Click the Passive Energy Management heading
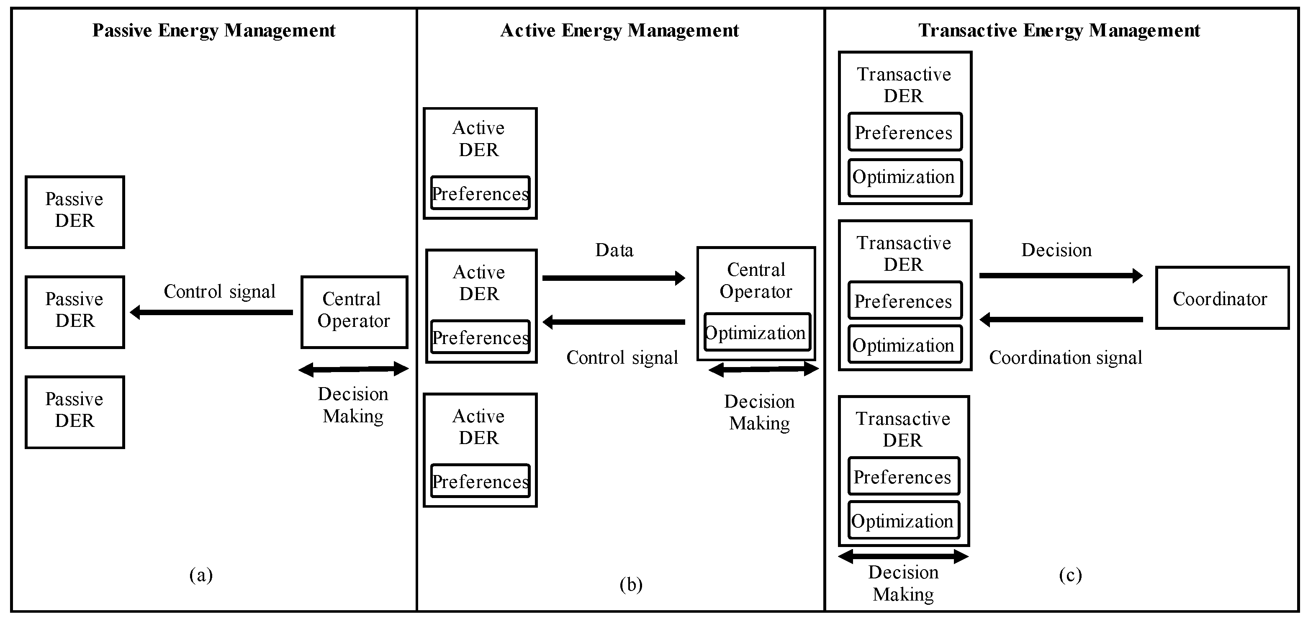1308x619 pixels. pos(213,31)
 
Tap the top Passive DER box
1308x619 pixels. pos(75,212)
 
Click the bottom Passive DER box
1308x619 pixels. pos(75,412)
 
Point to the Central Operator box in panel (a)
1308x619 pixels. pos(354,311)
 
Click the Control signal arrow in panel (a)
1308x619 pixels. pos(212,312)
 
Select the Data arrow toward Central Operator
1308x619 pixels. pos(613,278)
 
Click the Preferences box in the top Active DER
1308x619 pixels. pos(480,193)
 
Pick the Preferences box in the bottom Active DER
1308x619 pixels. pos(480,480)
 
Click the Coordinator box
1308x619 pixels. pos(1222,298)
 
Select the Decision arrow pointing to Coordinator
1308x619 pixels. pos(1061,276)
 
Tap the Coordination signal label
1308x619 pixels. pos(1065,357)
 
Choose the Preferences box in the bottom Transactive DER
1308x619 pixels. pos(903,476)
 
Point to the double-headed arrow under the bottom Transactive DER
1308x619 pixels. pos(903,556)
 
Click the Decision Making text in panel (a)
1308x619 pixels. pos(353,405)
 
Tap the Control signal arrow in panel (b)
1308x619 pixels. pos(613,322)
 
